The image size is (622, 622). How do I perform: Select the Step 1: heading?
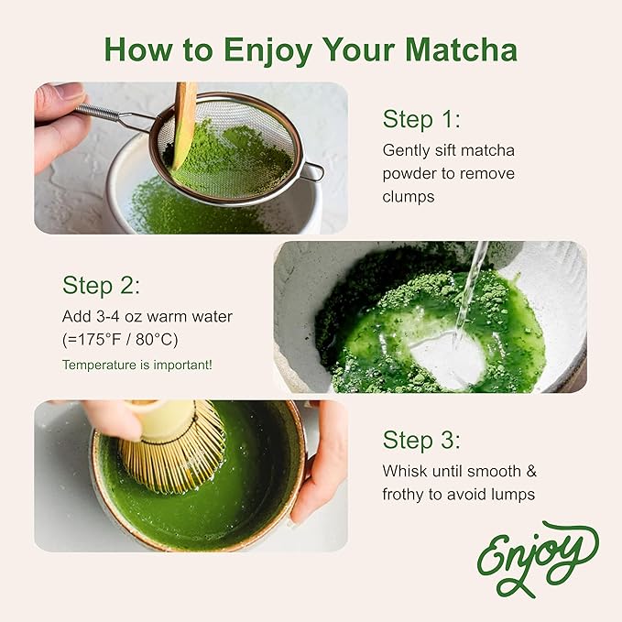pyautogui.click(x=421, y=119)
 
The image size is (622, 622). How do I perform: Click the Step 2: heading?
pyautogui.click(x=101, y=284)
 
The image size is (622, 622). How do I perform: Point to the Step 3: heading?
pyautogui.click(x=421, y=440)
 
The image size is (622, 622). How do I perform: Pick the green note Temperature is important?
pyautogui.click(x=137, y=364)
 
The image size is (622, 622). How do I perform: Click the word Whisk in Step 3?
pyautogui.click(x=405, y=471)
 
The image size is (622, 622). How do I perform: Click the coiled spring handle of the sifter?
pyautogui.click(x=103, y=113)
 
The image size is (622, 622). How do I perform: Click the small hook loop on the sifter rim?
pyautogui.click(x=313, y=171)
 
